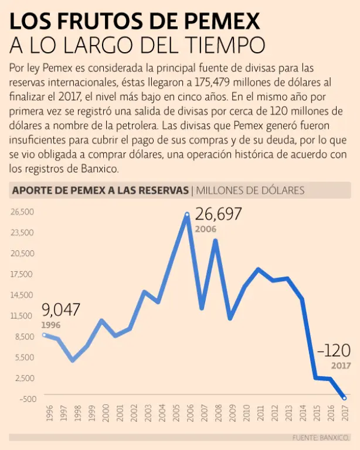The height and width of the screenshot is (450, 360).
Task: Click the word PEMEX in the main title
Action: (220, 22)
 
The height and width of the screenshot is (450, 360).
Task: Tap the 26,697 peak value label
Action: (218, 214)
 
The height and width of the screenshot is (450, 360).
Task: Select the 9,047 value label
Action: (60, 311)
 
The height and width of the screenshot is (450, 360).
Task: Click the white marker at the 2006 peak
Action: (187, 215)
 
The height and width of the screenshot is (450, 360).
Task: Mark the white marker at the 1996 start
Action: (45, 335)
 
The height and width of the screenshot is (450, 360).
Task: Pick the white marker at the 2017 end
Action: (344, 398)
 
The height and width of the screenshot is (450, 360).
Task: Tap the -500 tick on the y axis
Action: (28, 398)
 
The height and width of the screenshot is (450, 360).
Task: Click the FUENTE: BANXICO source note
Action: (317, 438)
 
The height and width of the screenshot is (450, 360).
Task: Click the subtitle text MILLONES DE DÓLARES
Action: (250, 190)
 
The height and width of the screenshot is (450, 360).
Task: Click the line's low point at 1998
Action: (73, 360)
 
